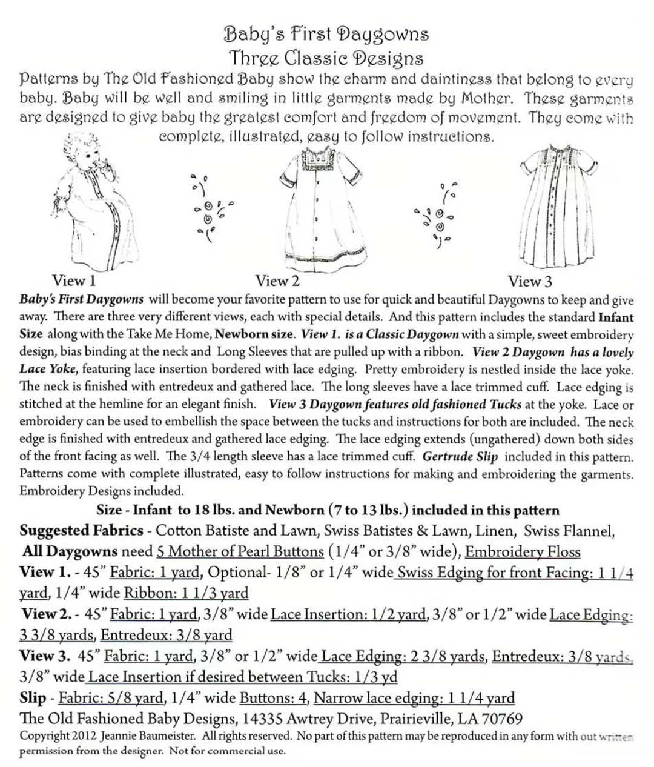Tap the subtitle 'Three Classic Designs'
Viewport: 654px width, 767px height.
tap(326, 58)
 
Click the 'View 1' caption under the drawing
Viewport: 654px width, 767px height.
tap(74, 281)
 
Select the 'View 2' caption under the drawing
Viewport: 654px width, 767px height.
tap(277, 281)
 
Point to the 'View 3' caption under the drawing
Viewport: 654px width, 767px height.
tap(530, 281)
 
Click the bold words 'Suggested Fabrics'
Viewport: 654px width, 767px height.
tap(81, 531)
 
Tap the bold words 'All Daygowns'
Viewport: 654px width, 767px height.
tap(70, 552)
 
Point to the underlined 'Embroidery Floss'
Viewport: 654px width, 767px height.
tap(523, 552)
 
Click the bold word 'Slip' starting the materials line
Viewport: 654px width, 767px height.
tap(33, 698)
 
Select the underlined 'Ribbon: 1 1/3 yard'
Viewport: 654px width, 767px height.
tap(186, 593)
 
